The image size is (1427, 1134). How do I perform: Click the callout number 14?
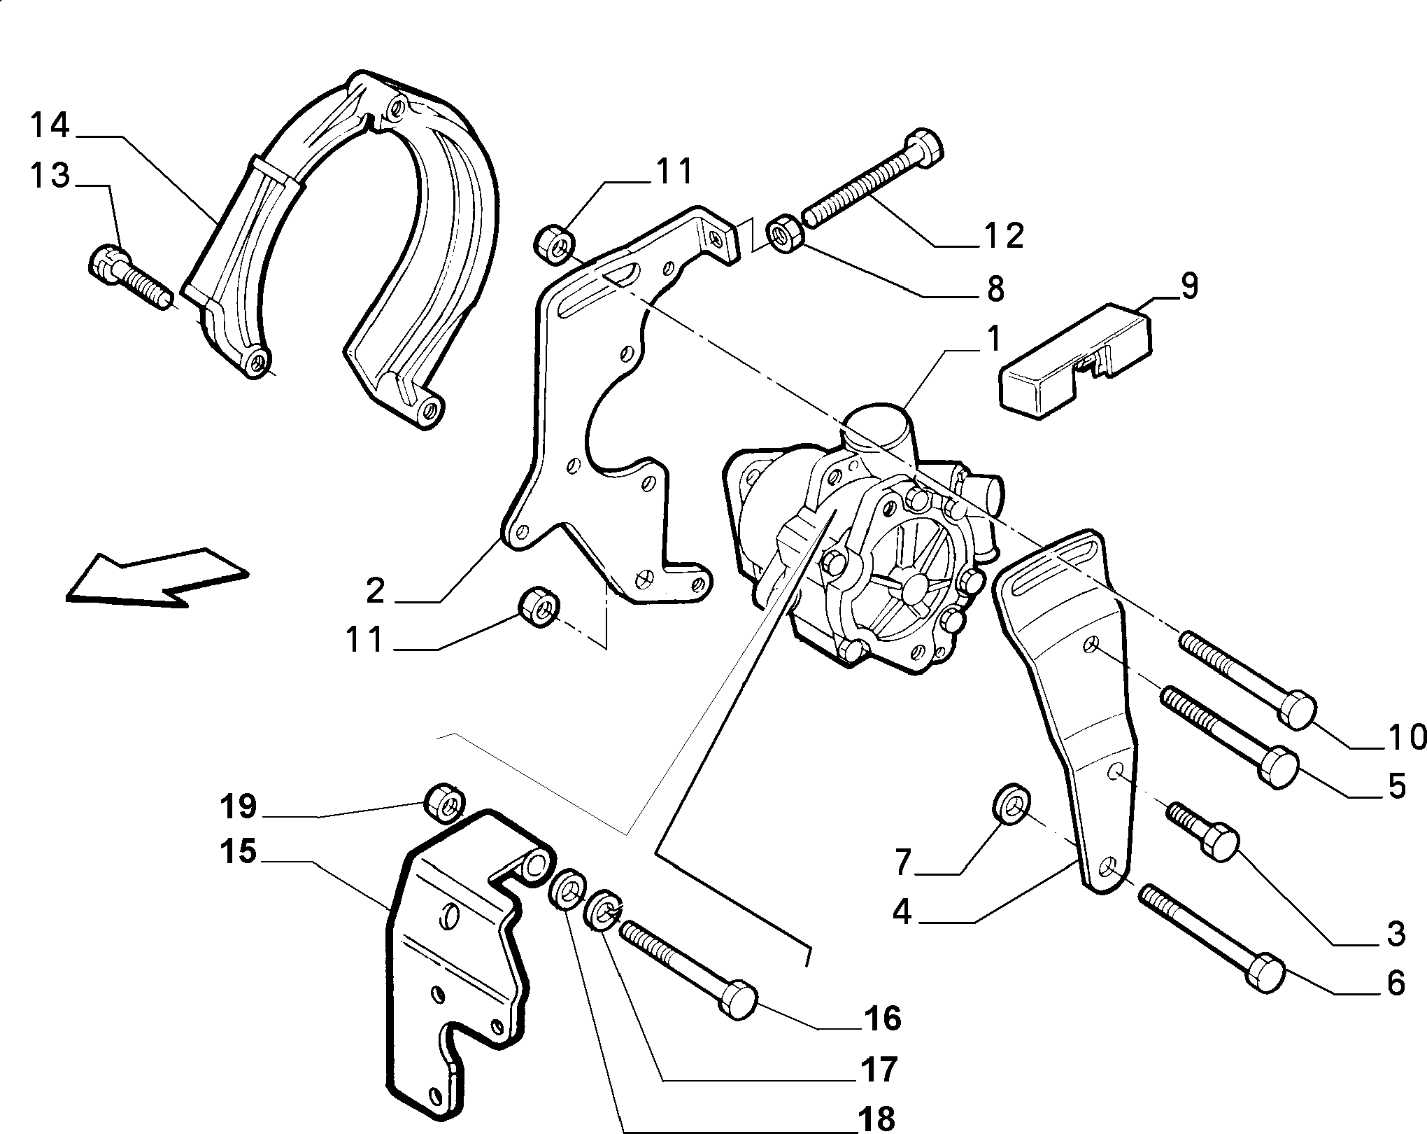pos(50,126)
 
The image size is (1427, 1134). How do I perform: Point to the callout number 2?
pos(376,591)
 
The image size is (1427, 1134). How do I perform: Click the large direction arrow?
pos(157,576)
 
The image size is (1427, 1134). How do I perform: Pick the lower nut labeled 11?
pos(540,608)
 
